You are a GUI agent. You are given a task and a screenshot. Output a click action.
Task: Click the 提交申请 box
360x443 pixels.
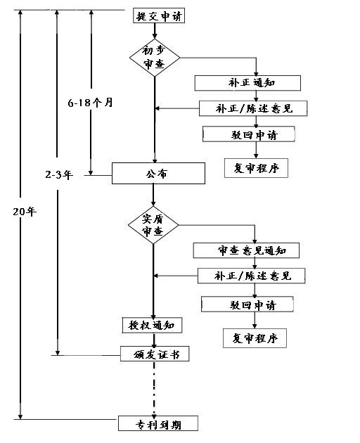click(x=159, y=15)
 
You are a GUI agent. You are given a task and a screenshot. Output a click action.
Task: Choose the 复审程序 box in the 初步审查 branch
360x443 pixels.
click(x=256, y=169)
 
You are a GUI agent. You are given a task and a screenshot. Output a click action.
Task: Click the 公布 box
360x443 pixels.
click(x=158, y=173)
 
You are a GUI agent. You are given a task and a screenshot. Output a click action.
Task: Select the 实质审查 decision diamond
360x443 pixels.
click(x=153, y=225)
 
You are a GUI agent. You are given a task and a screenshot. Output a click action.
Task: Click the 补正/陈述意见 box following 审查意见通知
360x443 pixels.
click(x=251, y=275)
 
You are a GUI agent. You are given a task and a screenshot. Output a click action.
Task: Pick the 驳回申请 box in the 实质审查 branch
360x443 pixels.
click(x=247, y=304)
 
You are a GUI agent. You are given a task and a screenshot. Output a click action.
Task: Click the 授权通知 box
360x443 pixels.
click(x=153, y=325)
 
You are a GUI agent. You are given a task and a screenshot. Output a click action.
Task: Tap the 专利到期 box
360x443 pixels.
click(x=157, y=423)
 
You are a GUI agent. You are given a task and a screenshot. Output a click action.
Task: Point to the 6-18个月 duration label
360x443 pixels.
click(x=91, y=102)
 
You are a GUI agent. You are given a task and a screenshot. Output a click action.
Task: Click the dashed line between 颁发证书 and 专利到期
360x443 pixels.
click(x=153, y=387)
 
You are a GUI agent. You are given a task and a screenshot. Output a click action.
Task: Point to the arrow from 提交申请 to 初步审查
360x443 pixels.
click(x=154, y=30)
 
